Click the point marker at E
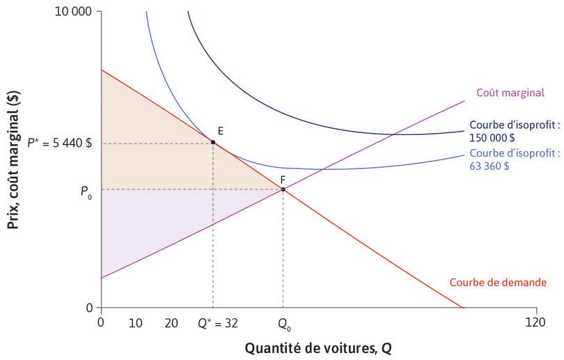(212, 142)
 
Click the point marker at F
(283, 189)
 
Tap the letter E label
(220, 131)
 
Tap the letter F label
(283, 179)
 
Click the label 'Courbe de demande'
(498, 283)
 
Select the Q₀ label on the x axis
(283, 323)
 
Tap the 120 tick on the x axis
(535, 322)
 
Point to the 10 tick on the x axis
(136, 322)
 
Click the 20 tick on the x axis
(171, 322)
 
